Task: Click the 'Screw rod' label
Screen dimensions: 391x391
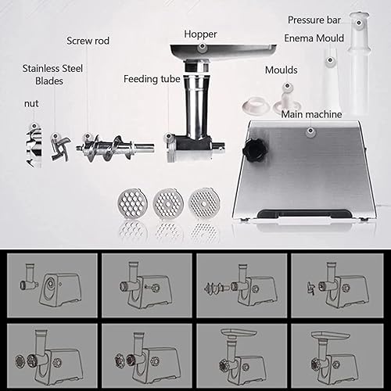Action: [x=88, y=41]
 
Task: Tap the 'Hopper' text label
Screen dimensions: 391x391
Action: [x=200, y=34]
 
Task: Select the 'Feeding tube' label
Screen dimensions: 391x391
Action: [x=152, y=79]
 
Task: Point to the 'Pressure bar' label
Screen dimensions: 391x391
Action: [x=314, y=20]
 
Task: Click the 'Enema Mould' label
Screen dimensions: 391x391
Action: [x=314, y=38]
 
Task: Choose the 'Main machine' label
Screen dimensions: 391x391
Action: [x=311, y=114]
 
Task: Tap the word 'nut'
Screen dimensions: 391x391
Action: [x=31, y=104]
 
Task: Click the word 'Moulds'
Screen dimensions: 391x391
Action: [x=282, y=70]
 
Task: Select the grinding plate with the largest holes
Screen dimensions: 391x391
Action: [x=133, y=203]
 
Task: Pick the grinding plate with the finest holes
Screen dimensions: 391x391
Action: [x=204, y=203]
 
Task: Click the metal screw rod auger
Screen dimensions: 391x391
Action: [x=115, y=149]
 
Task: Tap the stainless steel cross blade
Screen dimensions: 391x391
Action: [x=60, y=148]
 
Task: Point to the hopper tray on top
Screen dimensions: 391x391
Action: [x=223, y=52]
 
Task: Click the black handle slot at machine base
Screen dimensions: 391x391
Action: [x=304, y=214]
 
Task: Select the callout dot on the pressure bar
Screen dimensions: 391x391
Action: [x=359, y=23]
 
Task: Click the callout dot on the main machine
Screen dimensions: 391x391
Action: [x=310, y=131]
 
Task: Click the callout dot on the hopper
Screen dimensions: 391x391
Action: [x=202, y=47]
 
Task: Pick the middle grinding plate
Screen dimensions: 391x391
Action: [x=168, y=203]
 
